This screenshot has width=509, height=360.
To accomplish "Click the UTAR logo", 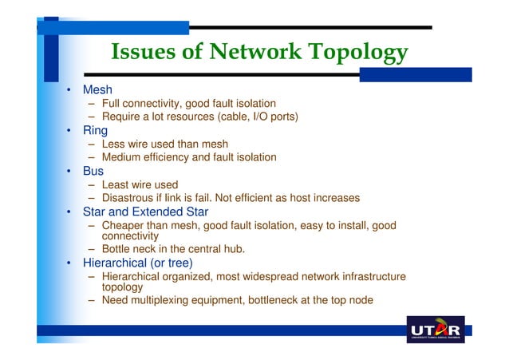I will coord(435,330).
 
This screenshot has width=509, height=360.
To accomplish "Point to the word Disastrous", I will coord(130,197).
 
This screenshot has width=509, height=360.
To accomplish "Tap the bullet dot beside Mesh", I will coord(69,90).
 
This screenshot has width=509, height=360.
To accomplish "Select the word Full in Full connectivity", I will coord(113,103).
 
